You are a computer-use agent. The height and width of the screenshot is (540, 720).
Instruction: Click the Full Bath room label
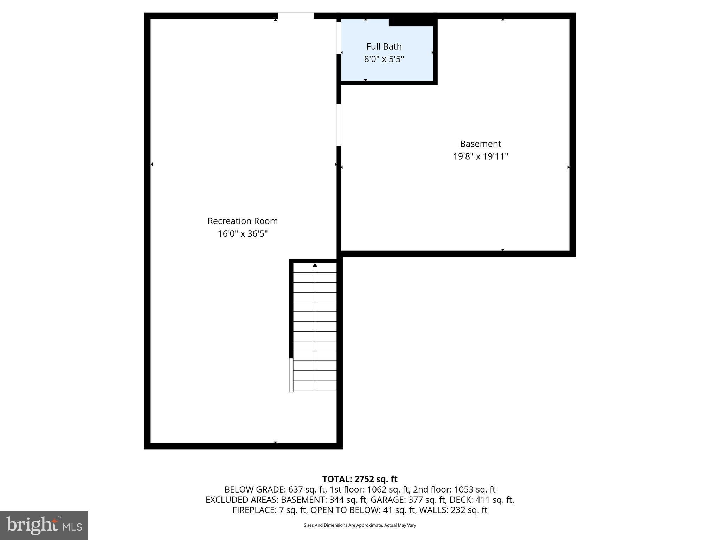(x=384, y=46)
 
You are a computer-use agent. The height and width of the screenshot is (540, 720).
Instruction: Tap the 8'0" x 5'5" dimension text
(x=384, y=59)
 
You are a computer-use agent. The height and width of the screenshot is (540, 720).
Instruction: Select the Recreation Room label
(x=243, y=221)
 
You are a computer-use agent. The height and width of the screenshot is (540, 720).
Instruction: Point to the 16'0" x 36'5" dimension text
(x=243, y=234)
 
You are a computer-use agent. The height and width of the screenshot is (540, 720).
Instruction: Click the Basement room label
(x=480, y=144)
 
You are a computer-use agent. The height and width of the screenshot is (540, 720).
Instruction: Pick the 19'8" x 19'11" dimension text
(x=480, y=156)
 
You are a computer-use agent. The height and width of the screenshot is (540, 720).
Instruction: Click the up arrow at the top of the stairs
(x=315, y=265)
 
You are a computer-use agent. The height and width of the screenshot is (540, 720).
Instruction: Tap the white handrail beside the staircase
(x=291, y=375)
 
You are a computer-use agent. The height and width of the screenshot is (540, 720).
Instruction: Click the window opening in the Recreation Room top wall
(x=296, y=16)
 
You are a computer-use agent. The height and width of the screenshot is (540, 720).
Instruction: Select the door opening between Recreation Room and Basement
(x=339, y=125)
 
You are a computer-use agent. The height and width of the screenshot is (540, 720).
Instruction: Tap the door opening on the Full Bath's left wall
(x=339, y=38)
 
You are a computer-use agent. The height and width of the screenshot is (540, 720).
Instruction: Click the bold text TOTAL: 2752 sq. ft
(x=360, y=479)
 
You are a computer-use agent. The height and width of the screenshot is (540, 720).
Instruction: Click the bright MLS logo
(x=44, y=525)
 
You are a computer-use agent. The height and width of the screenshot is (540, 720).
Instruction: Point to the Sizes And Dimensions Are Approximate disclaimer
(x=360, y=525)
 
